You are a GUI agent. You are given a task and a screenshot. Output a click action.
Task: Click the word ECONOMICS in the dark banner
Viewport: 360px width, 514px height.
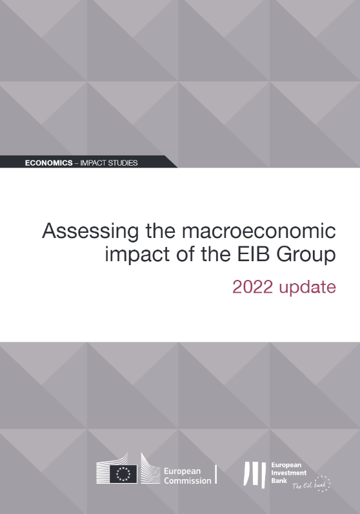coord(49,163)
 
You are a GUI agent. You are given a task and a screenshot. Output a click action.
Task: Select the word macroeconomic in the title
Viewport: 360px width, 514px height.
coord(259,231)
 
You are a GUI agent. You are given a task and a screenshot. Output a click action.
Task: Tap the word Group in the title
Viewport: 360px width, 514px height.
coord(306,255)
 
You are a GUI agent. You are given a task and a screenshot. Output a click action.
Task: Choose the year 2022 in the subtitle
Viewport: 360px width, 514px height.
coord(252,287)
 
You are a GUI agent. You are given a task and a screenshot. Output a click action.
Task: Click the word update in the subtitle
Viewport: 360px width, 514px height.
coord(308,288)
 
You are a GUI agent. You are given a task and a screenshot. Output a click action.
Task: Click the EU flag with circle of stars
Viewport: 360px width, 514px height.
coord(123,473)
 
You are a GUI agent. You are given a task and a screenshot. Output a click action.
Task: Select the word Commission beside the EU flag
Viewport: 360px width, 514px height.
coord(188,481)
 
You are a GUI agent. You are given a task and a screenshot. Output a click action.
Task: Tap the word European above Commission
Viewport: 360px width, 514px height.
coord(182,471)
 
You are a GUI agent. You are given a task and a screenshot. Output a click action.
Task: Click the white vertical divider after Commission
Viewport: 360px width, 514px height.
coord(215,474)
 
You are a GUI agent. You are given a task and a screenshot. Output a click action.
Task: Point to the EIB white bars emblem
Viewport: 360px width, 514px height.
coord(254,475)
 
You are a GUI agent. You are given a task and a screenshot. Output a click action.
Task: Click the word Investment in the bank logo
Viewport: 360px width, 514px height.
coord(289,473)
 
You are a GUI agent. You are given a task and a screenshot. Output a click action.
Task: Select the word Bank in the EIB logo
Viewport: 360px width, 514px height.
coord(279,480)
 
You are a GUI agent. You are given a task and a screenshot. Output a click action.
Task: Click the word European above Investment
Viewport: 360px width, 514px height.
coord(286,465)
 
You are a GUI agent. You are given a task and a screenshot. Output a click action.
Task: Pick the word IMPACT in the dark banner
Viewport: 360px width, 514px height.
coord(93,163)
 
